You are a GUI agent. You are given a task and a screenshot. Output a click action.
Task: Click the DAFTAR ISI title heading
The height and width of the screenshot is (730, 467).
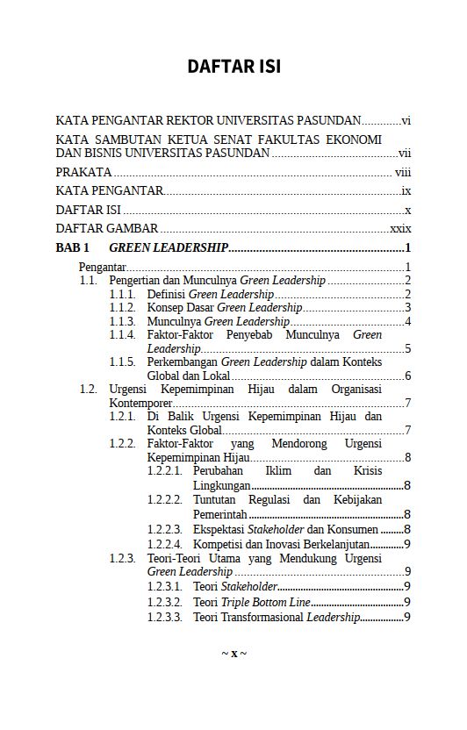(233, 67)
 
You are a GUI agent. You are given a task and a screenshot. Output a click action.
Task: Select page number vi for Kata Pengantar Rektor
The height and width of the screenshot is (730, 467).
(406, 121)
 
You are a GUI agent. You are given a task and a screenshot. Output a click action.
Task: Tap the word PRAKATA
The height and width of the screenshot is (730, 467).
(83, 172)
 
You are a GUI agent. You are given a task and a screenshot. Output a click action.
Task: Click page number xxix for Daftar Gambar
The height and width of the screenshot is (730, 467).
(400, 229)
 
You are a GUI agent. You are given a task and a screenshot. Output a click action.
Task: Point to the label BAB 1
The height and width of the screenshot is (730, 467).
(73, 248)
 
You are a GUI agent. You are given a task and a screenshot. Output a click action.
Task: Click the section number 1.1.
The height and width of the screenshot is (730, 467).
(88, 281)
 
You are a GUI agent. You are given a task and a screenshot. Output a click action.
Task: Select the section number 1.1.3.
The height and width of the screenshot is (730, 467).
(122, 321)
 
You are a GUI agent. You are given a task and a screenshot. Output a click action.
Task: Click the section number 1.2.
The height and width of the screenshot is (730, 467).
(88, 389)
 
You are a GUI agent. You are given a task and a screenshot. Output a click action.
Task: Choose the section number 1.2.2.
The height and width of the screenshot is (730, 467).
(122, 444)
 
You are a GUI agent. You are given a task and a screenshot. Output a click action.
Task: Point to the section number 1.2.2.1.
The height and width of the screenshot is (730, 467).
(164, 472)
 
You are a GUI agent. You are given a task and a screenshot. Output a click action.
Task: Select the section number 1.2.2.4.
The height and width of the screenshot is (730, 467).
(164, 544)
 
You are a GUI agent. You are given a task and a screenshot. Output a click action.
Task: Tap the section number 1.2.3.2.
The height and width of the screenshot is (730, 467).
(164, 603)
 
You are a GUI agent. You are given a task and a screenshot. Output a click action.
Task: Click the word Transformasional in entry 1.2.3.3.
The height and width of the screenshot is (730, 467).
(261, 617)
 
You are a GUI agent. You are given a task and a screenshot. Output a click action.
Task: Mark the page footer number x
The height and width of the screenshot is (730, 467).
(233, 655)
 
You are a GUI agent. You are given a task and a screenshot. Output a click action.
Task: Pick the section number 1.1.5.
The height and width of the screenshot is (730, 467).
(122, 361)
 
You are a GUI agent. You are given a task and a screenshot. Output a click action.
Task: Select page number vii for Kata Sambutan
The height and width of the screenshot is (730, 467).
(405, 154)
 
